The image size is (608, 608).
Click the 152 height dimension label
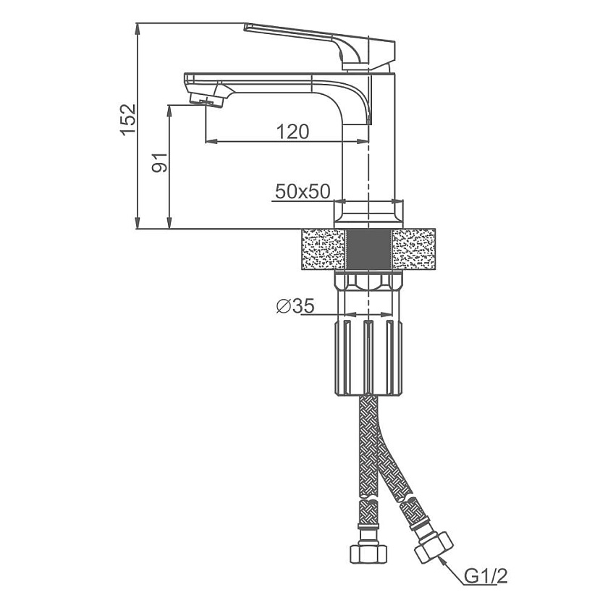tap(128, 119)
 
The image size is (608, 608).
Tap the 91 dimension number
tap(159, 162)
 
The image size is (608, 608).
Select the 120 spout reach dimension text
tap(292, 132)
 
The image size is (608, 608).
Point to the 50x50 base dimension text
tap(303, 192)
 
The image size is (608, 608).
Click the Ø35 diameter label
tap(295, 306)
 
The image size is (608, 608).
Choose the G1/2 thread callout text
tap(486, 577)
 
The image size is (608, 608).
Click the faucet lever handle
tap(319, 46)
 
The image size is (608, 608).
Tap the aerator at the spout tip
tap(208, 100)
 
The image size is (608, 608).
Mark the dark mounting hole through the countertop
tap(368, 249)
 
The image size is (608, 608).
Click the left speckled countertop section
tap(323, 249)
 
